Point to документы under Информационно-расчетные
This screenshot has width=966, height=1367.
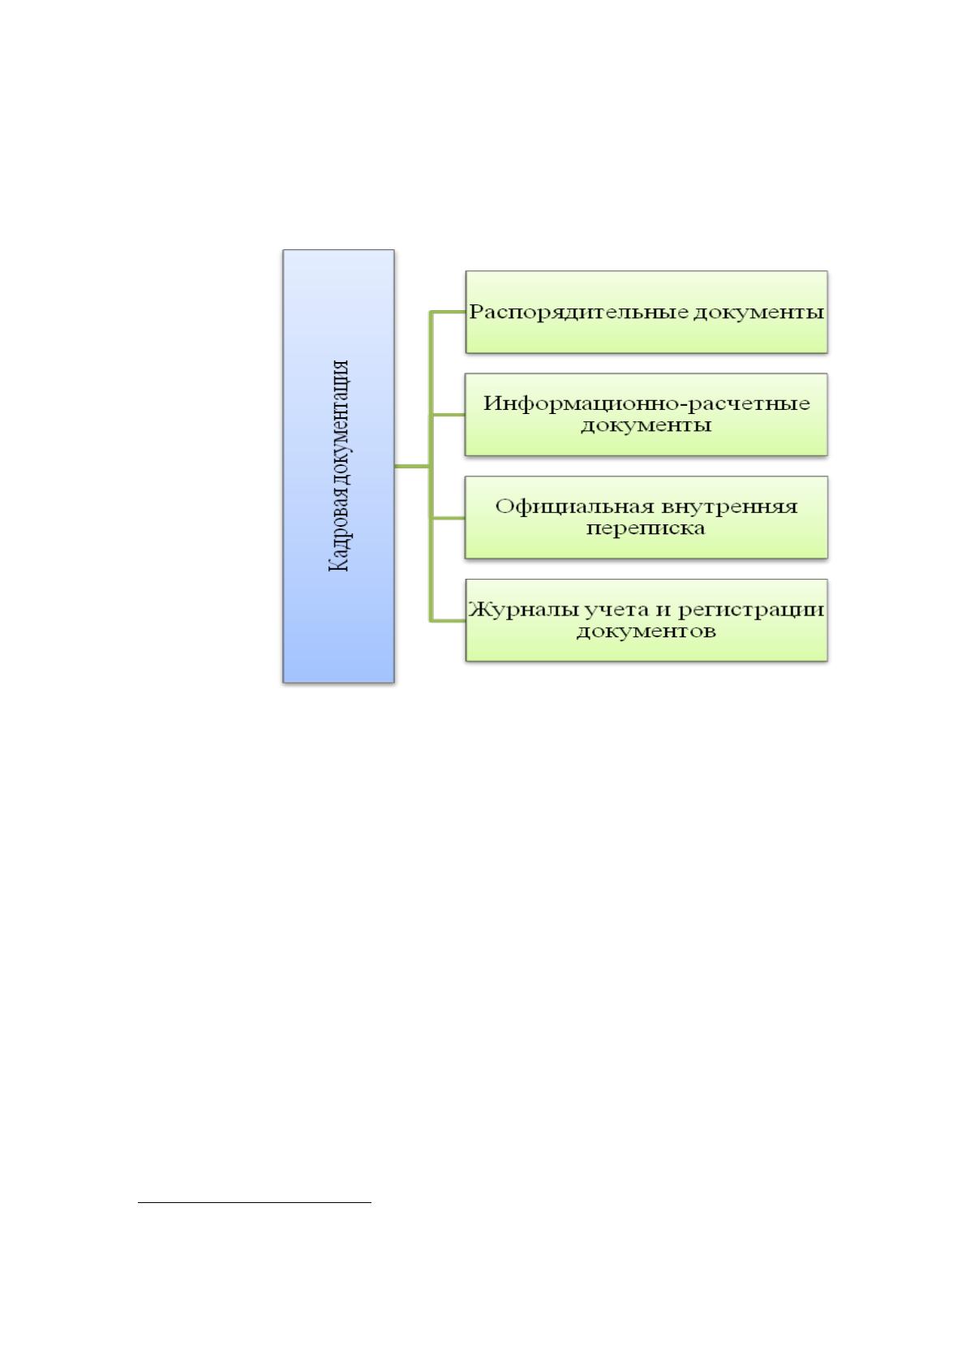[x=646, y=425]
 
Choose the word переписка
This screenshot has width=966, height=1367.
[x=646, y=528]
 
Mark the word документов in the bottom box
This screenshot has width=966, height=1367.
[x=646, y=631]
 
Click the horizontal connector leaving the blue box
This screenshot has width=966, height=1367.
[x=413, y=466]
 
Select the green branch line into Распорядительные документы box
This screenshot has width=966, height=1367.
[x=449, y=312]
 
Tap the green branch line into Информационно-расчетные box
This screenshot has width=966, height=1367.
[x=449, y=415]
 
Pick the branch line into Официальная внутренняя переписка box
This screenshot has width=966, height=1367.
[x=449, y=518]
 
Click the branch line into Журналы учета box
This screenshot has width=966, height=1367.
[x=449, y=621]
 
